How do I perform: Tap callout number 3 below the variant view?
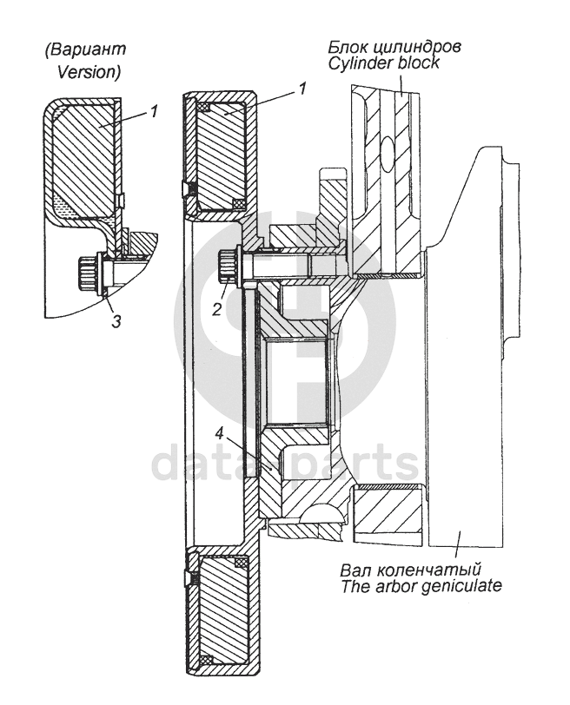click(116, 321)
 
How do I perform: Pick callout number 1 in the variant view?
click(153, 110)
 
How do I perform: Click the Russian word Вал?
click(354, 570)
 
